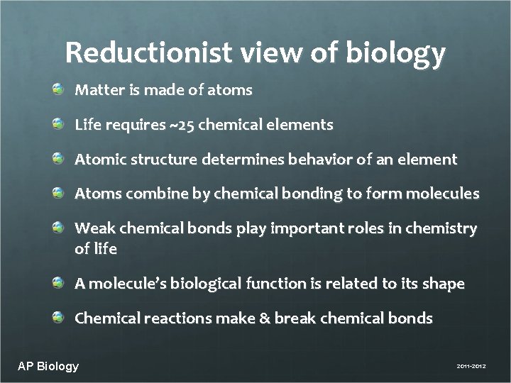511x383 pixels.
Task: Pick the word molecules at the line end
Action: click(x=443, y=194)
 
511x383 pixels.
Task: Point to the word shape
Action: click(x=443, y=284)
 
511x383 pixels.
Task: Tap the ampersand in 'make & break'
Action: click(x=265, y=318)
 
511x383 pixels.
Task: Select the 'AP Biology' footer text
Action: click(x=48, y=366)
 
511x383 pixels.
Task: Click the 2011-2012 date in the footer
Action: click(x=467, y=367)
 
